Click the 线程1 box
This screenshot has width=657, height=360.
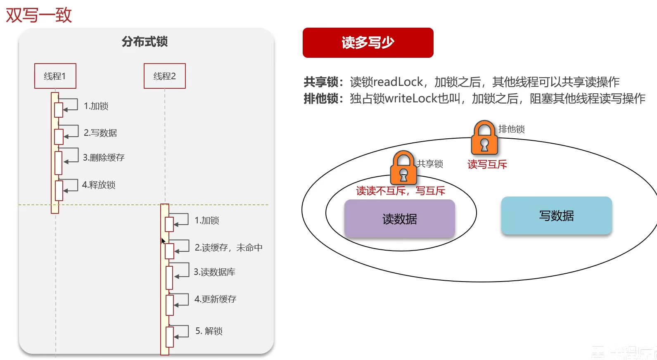(55, 76)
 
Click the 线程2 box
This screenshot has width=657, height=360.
(164, 76)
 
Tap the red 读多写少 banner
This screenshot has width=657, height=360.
(368, 43)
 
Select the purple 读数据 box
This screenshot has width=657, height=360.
(399, 218)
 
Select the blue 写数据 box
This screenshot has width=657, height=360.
(556, 216)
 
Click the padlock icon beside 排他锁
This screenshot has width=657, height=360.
(484, 137)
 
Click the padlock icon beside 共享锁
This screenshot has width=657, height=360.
(403, 167)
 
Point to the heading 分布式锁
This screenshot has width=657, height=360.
(145, 42)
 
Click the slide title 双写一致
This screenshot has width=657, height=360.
(39, 15)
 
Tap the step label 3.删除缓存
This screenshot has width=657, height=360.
(104, 157)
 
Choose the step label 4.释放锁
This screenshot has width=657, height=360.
(99, 185)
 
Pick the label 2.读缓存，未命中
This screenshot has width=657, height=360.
(228, 247)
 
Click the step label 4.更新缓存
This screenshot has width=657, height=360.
(215, 299)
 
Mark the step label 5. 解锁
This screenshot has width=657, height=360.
(209, 331)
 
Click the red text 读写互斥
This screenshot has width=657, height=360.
(487, 164)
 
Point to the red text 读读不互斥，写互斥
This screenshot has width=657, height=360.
(401, 191)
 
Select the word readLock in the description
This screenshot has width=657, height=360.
(398, 82)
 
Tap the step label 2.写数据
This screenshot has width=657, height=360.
(100, 133)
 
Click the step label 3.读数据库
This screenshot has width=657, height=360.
(214, 272)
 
